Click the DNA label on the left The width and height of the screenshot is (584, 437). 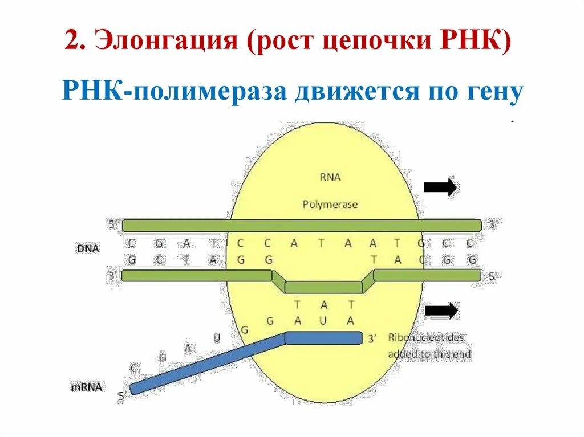88,249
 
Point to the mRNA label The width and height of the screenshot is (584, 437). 87,387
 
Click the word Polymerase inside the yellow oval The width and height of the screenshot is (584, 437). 330,204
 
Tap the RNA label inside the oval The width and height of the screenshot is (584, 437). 330,177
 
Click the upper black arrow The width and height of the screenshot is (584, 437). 440,187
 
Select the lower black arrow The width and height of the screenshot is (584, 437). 441,311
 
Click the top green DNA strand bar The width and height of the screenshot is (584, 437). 301,225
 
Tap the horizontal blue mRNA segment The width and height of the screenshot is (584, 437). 323,338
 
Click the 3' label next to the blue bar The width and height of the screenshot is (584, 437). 372,339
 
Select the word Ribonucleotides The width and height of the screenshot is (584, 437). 426,337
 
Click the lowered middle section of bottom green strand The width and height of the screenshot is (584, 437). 322,287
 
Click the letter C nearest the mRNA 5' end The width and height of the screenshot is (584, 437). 133,369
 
